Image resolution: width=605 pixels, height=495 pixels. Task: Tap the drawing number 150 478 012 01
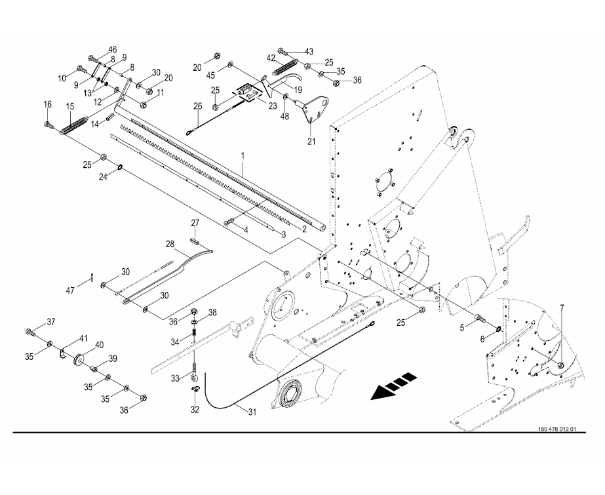tap(556, 429)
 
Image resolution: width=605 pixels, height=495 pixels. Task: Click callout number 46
tap(113, 50)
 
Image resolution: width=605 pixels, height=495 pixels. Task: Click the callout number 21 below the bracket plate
tap(311, 140)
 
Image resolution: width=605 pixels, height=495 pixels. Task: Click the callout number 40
tap(100, 345)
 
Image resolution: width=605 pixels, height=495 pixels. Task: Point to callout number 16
tap(47, 104)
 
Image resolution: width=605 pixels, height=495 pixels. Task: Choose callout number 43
tap(309, 51)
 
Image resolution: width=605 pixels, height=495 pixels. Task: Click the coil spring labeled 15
tap(76, 124)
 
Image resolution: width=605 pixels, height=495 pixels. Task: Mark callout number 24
tap(103, 177)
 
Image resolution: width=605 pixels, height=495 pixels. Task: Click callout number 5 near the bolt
tap(461, 326)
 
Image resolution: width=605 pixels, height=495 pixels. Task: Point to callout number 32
tap(195, 410)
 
